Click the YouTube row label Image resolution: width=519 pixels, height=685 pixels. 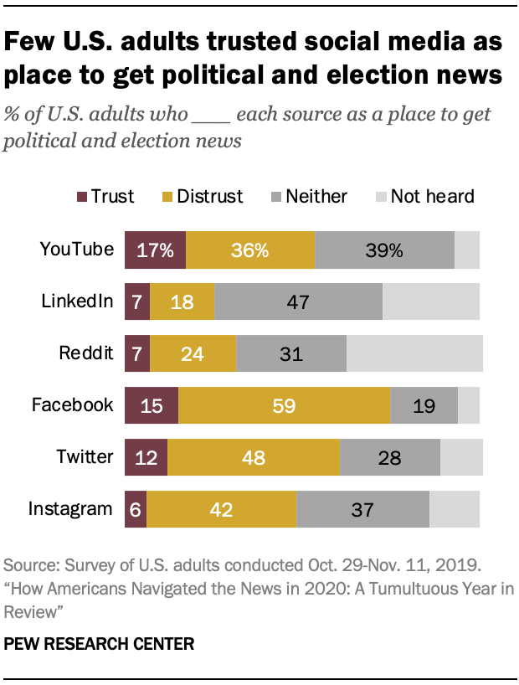(x=76, y=249)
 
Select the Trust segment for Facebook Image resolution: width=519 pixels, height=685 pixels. (x=151, y=405)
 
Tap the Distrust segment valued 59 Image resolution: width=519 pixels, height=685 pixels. (x=284, y=405)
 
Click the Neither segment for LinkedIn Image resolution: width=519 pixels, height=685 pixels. (x=298, y=301)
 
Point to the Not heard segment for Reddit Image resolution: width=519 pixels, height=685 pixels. (x=414, y=353)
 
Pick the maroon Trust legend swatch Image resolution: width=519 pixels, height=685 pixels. (x=81, y=197)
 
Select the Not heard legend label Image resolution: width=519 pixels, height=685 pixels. (x=432, y=197)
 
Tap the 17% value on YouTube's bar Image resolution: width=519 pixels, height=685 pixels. (x=155, y=250)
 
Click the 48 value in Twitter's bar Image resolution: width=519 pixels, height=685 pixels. (x=254, y=458)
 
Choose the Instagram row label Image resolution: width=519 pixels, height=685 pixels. (x=70, y=508)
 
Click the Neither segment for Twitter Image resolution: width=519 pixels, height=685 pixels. (x=389, y=458)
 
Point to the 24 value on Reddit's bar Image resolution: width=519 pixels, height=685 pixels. (x=193, y=353)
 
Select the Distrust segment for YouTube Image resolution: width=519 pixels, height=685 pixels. (x=250, y=250)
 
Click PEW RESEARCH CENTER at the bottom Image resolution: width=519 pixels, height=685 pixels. (x=99, y=644)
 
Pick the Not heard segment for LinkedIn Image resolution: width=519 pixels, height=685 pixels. (x=430, y=301)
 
